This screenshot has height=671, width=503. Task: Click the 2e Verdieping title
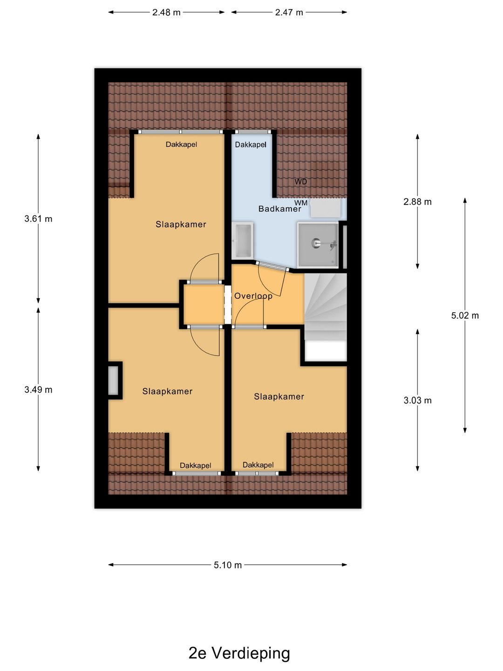click(x=239, y=653)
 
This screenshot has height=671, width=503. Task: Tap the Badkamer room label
click(x=280, y=209)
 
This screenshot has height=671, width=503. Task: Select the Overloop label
click(x=253, y=296)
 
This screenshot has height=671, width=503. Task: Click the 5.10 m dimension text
click(x=228, y=565)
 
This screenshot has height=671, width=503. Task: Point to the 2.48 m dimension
click(x=166, y=12)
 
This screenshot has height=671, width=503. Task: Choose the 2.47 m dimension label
click(x=289, y=12)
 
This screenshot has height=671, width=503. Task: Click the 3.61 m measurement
click(x=38, y=219)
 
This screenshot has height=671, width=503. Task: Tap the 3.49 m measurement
click(x=38, y=390)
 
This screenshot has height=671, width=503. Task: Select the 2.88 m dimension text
click(x=417, y=202)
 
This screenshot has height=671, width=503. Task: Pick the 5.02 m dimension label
click(x=465, y=315)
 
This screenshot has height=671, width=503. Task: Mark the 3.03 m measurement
click(x=417, y=400)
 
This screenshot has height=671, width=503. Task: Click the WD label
click(x=300, y=182)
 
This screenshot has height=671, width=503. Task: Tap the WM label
click(x=301, y=203)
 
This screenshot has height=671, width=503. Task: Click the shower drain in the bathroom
click(x=315, y=243)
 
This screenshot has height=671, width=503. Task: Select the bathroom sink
click(x=243, y=240)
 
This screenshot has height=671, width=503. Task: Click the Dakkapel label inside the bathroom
click(x=251, y=144)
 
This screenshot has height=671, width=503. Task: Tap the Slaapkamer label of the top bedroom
click(x=181, y=225)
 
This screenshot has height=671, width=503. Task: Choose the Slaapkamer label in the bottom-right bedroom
click(x=279, y=397)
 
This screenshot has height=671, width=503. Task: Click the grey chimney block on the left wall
click(x=113, y=380)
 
